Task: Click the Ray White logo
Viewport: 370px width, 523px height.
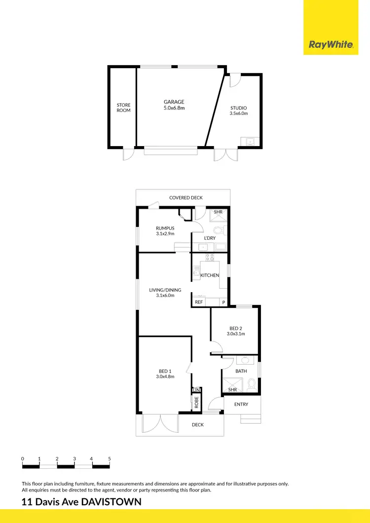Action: (331, 45)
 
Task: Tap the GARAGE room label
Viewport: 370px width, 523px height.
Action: (174, 102)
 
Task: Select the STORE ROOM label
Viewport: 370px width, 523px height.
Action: (123, 108)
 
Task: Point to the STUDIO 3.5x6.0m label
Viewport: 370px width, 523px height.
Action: (239, 111)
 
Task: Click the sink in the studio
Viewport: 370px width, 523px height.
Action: (249, 142)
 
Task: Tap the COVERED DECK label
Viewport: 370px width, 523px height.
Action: (186, 198)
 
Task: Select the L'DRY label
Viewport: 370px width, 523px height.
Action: (210, 238)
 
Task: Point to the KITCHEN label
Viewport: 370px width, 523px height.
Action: (210, 275)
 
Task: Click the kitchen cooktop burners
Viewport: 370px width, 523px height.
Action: (210, 257)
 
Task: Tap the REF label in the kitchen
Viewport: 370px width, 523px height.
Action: (199, 302)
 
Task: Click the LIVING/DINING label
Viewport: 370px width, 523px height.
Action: (165, 290)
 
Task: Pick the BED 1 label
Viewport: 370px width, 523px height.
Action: (165, 371)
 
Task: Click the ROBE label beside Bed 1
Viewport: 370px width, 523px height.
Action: (196, 403)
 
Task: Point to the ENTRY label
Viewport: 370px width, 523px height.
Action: (241, 405)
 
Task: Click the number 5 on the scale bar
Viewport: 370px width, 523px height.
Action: (110, 458)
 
